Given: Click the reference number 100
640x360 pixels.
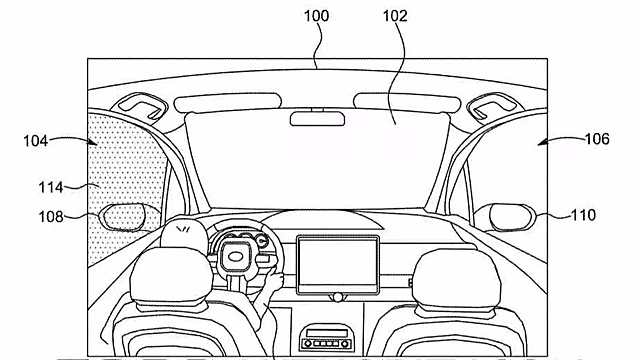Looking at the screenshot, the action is [316, 16].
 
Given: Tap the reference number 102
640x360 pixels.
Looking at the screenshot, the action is [395, 16].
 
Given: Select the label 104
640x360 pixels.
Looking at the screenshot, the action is [36, 141].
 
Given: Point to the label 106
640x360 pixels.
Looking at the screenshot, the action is [597, 139].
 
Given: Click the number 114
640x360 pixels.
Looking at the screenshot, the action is [51, 188].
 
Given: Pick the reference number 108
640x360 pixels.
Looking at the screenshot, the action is [51, 216].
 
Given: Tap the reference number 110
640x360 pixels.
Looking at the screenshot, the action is [583, 215].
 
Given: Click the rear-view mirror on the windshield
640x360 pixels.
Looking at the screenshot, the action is [317, 118].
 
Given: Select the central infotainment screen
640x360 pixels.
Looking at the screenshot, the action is [338, 265].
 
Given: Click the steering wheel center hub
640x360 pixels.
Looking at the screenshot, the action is [236, 256].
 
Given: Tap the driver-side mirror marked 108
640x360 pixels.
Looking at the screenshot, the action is [122, 216].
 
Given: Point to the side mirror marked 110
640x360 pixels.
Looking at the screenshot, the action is [513, 217].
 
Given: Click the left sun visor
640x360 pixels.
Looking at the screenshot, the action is [227, 103].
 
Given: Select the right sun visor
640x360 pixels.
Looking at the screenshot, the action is [407, 103].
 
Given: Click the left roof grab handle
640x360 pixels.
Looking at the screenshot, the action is [141, 106].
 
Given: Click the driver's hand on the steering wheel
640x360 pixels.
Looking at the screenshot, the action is [274, 281].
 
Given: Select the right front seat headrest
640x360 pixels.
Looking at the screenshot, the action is [457, 278].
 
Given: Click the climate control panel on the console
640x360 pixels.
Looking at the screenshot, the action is [325, 338].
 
